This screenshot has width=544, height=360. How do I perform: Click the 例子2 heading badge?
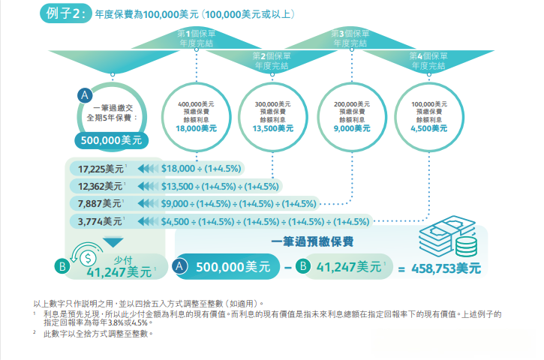66,13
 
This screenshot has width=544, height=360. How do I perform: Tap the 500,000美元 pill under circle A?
111,140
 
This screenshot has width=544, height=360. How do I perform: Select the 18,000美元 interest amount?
197,129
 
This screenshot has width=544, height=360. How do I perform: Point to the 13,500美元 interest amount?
273,129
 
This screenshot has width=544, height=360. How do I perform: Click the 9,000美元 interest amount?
352,129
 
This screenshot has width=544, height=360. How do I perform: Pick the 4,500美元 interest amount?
428,129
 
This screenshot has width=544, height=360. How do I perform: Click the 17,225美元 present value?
101,169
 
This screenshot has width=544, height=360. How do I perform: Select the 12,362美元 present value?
100,186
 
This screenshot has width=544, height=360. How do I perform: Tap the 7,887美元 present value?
99,203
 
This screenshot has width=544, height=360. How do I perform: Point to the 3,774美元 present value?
100,221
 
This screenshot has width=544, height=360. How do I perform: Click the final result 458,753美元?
446,268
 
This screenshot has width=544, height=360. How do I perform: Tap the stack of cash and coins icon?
448,236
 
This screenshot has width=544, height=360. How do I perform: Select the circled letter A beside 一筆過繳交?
85,95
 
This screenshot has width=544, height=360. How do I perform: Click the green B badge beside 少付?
62,266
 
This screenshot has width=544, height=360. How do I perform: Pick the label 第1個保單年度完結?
197,38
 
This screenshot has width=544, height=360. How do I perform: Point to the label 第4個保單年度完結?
428,61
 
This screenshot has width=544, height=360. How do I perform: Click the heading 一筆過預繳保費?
312,241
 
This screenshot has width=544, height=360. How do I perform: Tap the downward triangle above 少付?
113,242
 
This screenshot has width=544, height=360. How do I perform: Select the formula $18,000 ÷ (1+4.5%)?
201,169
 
